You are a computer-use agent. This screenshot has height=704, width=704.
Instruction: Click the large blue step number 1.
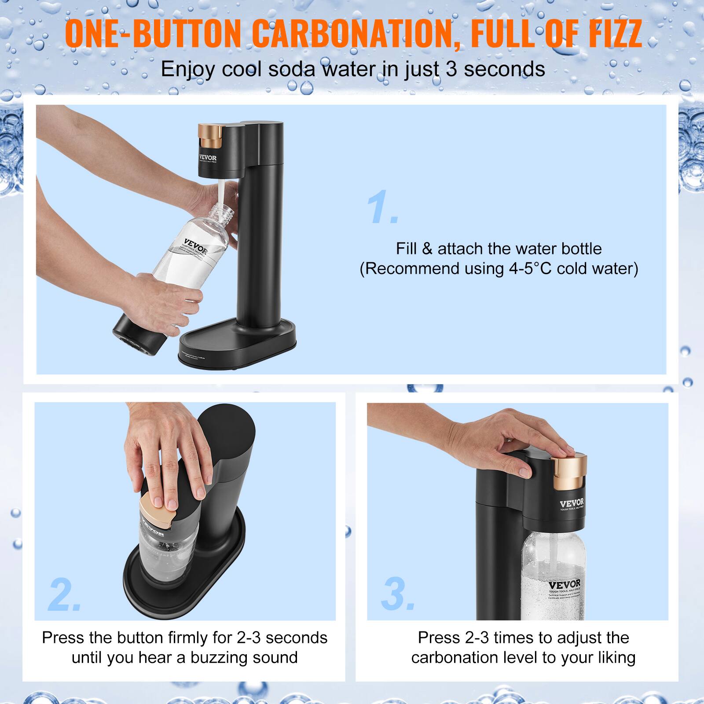(382, 208)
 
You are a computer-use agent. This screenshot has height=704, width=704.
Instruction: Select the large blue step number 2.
(64, 594)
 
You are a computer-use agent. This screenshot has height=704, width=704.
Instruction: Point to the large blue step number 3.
(397, 594)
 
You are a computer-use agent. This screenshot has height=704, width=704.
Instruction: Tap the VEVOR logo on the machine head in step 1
(208, 158)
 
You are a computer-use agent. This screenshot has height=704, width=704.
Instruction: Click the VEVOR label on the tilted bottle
(196, 246)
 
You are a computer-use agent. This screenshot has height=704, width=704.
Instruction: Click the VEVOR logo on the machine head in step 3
(572, 503)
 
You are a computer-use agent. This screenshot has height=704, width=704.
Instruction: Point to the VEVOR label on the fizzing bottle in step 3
(564, 586)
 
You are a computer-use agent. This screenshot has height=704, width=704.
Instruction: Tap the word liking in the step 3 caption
(616, 657)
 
